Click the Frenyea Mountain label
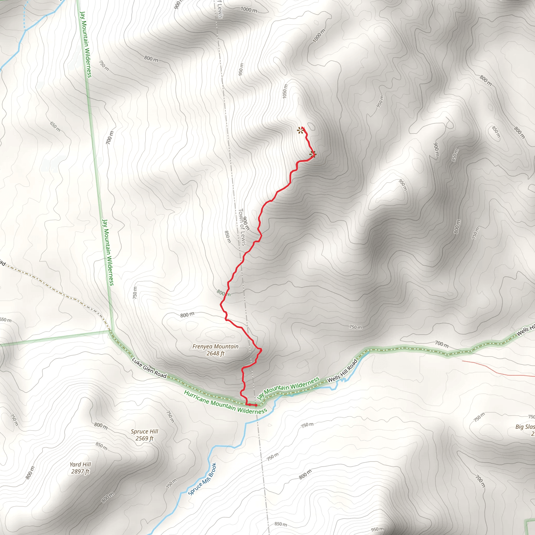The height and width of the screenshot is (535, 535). coord(215,346)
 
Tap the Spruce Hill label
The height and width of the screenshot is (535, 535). coord(144,432)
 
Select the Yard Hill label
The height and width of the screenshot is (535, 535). coord(80,464)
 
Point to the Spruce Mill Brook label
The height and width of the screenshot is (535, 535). coord(202,479)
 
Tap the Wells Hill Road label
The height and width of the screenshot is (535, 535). coord(343,371)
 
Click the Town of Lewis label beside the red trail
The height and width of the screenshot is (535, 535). coord(242,227)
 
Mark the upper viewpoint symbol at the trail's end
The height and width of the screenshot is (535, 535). coord(300,130)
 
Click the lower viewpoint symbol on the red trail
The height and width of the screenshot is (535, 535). coord(313,154)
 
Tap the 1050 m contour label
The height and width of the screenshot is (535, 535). coord(285,91)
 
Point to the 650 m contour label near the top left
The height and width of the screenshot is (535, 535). coord(55,126)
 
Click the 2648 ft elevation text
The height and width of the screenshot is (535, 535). coord(215,353)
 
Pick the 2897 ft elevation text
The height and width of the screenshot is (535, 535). coord(80,471)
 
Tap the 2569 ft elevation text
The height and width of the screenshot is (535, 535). coord(144,438)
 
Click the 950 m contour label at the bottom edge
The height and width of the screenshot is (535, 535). coord(377,530)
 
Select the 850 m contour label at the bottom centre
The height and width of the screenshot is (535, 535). coord(281,524)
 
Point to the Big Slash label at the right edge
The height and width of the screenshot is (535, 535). coord(525,427)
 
